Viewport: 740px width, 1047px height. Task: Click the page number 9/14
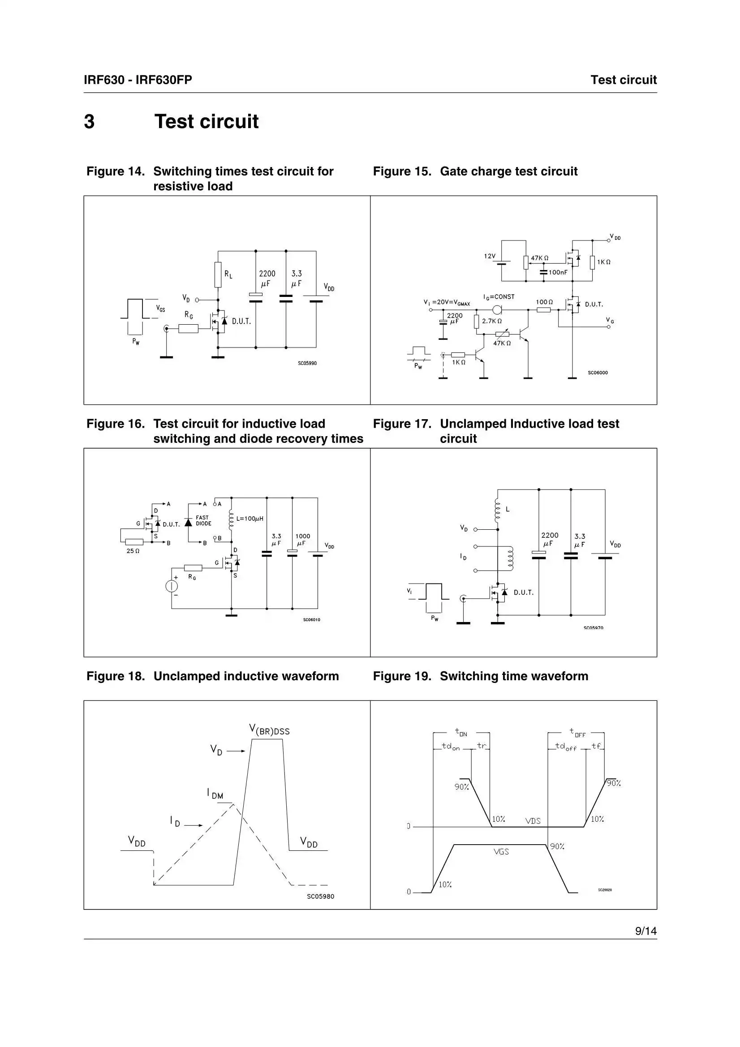click(645, 931)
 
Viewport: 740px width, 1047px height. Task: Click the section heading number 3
click(90, 122)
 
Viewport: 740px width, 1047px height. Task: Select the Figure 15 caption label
click(402, 172)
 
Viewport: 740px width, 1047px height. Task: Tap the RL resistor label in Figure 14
click(228, 274)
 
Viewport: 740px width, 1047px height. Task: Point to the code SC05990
click(307, 364)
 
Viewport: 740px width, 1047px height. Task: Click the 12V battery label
click(490, 256)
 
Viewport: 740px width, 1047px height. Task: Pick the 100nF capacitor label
click(558, 272)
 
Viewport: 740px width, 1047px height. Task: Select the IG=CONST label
click(499, 297)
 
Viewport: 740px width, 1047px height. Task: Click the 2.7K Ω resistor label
click(492, 321)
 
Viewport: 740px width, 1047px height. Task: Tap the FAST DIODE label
click(203, 520)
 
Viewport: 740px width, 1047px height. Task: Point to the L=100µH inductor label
click(250, 519)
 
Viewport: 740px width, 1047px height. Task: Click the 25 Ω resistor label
click(133, 551)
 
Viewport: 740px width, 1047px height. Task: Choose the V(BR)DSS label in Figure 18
click(269, 729)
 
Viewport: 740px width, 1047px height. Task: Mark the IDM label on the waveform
click(215, 794)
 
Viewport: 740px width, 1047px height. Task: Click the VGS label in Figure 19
click(501, 851)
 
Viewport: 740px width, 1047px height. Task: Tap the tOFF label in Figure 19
click(577, 732)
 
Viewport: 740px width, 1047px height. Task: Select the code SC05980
click(320, 896)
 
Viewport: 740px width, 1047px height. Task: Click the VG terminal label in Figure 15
click(610, 321)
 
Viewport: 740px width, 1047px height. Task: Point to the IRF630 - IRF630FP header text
click(138, 80)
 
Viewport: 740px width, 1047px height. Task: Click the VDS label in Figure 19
click(533, 821)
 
